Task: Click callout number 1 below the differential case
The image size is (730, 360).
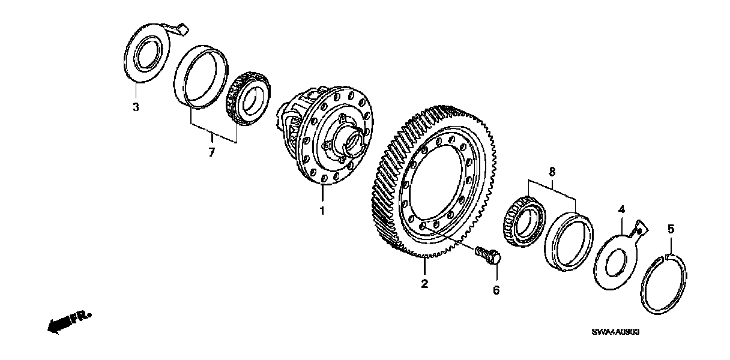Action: [322, 211]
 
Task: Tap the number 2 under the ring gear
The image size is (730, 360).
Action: [424, 284]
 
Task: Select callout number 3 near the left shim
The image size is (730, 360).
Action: [136, 107]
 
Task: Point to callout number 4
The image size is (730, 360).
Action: [621, 209]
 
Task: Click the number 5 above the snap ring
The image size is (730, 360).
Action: [671, 229]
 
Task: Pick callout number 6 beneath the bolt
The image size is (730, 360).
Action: [496, 290]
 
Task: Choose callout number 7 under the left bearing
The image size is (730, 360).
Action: [211, 153]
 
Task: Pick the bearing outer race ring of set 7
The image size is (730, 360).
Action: [199, 76]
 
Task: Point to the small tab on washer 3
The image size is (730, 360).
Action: [180, 28]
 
